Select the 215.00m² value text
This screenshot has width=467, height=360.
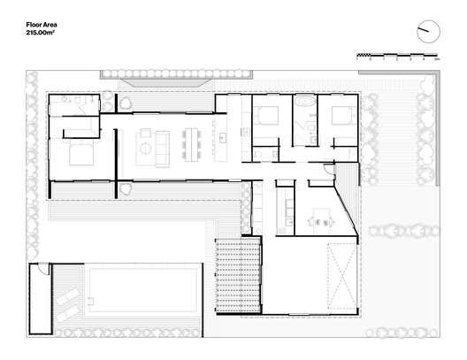43,33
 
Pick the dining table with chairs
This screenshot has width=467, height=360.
192,145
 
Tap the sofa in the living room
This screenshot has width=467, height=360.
163,147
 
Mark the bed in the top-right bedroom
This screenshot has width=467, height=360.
339,116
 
